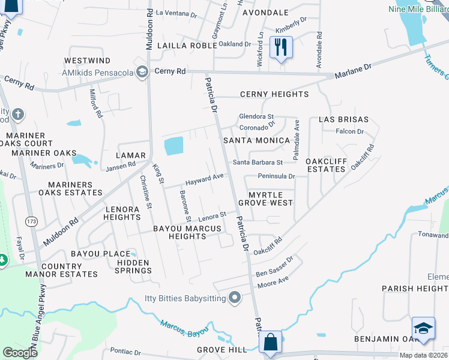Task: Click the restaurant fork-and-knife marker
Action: click(281, 46)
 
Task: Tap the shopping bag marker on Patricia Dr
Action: click(271, 343)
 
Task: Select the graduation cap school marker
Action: click(423, 329)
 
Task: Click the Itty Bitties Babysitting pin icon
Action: click(235, 297)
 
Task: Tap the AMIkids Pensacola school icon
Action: click(142, 73)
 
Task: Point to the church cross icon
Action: click(18, 114)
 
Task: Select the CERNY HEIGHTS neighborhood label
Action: click(274, 95)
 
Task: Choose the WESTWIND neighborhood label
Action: click(88, 61)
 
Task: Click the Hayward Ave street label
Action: click(205, 178)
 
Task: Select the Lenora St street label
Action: click(213, 215)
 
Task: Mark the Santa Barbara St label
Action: click(258, 162)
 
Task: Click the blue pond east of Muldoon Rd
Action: click(173, 146)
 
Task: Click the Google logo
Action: click(20, 353)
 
